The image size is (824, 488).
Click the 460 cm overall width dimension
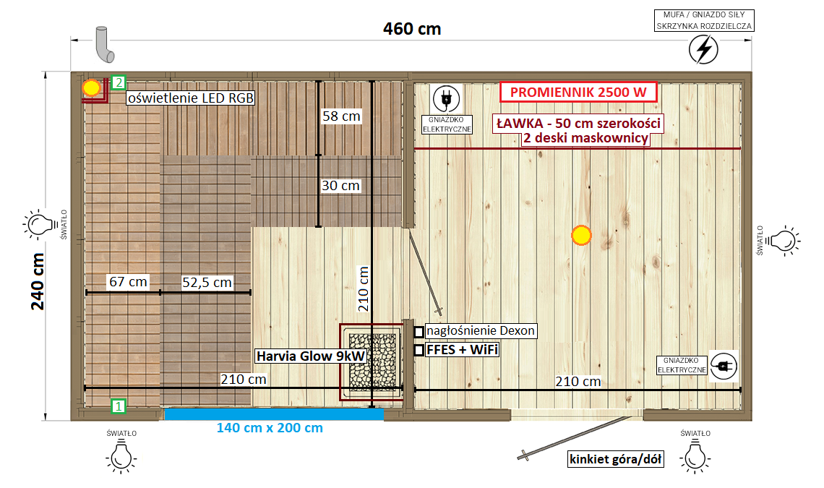click(x=412, y=29)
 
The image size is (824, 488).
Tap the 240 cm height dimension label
click(x=38, y=281)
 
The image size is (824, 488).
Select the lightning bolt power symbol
click(x=704, y=49)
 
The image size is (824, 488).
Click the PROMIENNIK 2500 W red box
click(x=578, y=92)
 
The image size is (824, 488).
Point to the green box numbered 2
click(x=119, y=82)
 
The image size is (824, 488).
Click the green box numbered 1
click(x=119, y=406)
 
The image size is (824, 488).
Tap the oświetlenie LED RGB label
click(x=191, y=98)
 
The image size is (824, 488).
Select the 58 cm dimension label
click(x=341, y=116)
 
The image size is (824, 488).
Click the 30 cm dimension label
click(x=340, y=186)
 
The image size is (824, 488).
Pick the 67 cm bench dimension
click(x=128, y=282)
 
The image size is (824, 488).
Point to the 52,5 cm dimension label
click(x=207, y=283)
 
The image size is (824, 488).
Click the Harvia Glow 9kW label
click(x=311, y=356)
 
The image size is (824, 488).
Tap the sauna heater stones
click(x=372, y=361)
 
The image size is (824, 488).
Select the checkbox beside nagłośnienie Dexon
click(x=419, y=332)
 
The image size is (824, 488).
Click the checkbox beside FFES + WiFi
click(x=419, y=350)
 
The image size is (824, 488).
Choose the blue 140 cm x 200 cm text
click(x=270, y=428)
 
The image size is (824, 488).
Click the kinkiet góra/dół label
click(x=615, y=459)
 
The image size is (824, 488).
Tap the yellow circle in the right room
click(x=581, y=236)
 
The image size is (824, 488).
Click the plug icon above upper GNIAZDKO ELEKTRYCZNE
click(x=446, y=98)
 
